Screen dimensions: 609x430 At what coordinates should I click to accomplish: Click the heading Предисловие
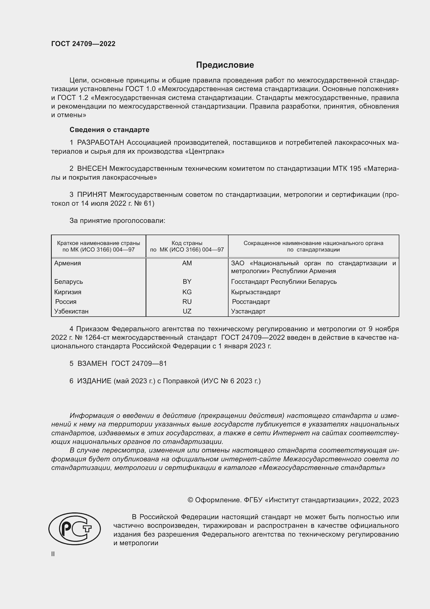[x=225, y=65]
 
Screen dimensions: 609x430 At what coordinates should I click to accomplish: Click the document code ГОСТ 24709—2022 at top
[x=83, y=44]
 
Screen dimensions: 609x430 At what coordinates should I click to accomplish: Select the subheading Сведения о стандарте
[x=109, y=130]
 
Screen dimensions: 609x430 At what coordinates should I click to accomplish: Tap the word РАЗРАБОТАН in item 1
[x=101, y=143]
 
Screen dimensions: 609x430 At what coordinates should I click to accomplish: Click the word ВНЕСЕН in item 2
[x=92, y=169]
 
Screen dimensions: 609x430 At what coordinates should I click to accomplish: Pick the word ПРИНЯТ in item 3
[x=92, y=195]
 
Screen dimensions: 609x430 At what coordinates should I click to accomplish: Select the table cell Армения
[x=68, y=263]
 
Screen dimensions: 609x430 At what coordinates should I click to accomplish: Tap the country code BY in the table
[x=187, y=281]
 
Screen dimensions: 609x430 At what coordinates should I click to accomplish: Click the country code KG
[x=187, y=292]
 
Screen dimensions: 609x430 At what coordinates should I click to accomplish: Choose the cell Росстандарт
[x=251, y=302]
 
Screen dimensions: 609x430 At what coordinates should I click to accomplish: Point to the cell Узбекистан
[x=71, y=311]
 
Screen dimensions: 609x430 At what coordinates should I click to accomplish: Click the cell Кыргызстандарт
[x=256, y=292]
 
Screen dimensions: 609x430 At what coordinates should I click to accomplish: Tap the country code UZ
[x=187, y=311]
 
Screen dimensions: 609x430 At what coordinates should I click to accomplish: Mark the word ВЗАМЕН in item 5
[x=92, y=363]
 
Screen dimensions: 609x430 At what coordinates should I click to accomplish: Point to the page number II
[x=53, y=554]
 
